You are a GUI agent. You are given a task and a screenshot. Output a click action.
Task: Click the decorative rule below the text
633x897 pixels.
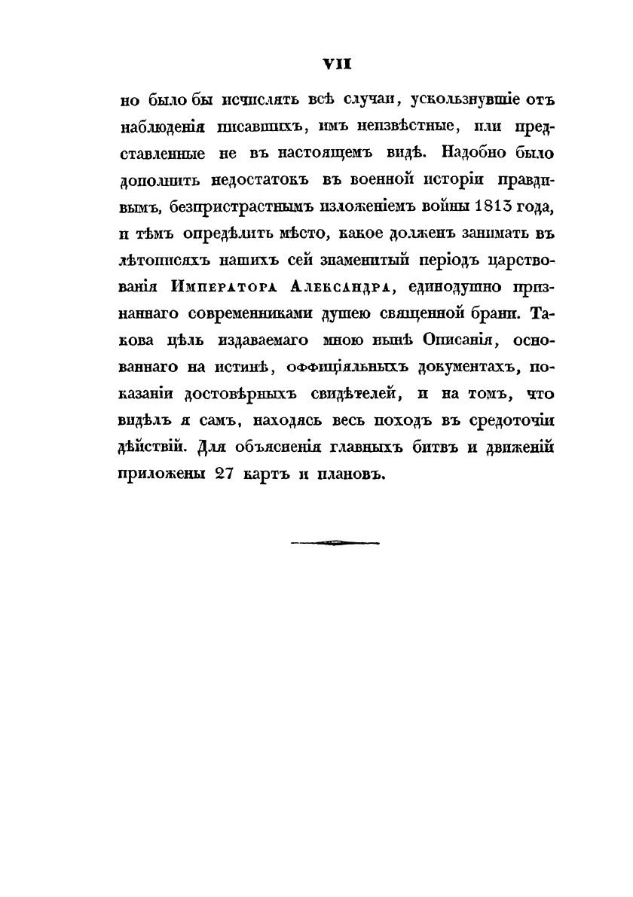tap(335, 540)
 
